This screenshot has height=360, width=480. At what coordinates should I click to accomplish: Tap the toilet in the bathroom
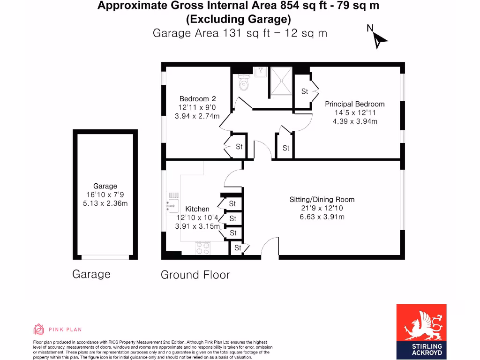(244, 83)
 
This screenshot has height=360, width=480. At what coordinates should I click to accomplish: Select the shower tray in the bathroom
(281, 82)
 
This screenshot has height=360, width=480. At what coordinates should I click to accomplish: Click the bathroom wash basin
(260, 71)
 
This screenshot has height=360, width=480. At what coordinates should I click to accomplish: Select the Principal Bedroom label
(355, 104)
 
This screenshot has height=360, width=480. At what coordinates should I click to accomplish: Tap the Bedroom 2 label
(197, 99)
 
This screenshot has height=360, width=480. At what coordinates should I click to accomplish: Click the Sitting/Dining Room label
(322, 200)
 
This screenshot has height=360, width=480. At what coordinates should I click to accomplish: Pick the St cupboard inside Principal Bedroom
(304, 91)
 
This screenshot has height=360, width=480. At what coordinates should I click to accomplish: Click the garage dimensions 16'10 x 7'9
(105, 195)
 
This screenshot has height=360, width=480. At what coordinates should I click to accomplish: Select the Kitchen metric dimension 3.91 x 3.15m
(197, 226)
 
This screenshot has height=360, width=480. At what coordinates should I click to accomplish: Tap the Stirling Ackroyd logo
(421, 330)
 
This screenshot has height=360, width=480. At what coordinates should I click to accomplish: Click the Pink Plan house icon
(39, 329)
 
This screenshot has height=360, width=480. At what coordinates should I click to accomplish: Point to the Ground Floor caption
(195, 275)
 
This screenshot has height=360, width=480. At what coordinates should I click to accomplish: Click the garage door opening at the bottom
(105, 257)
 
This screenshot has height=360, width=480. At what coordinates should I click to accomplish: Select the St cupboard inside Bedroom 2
(239, 147)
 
